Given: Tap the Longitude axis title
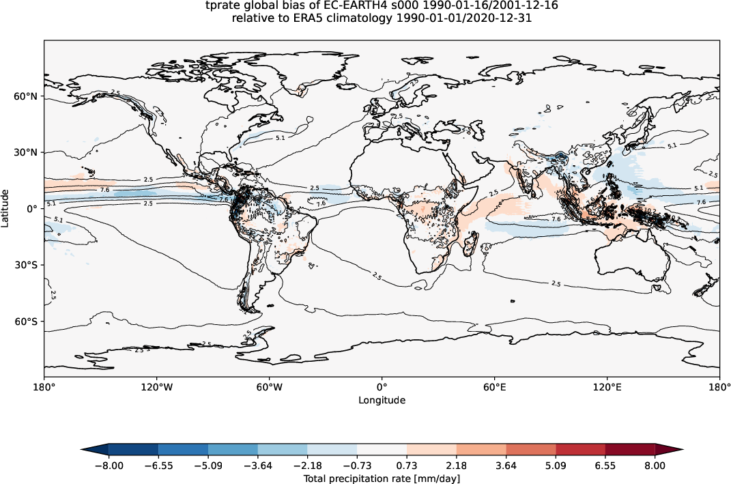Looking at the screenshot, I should tap(382, 400).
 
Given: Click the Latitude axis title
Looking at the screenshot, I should tap(6, 209).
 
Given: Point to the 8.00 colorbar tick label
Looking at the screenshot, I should tap(655, 466).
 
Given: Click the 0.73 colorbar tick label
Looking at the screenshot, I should tap(407, 466).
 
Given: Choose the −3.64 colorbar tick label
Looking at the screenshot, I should tap(257, 466).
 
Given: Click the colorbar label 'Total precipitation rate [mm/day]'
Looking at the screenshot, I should tap(382, 479).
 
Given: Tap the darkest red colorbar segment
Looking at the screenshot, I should tap(630, 449).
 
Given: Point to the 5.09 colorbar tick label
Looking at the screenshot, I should tap(556, 466).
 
